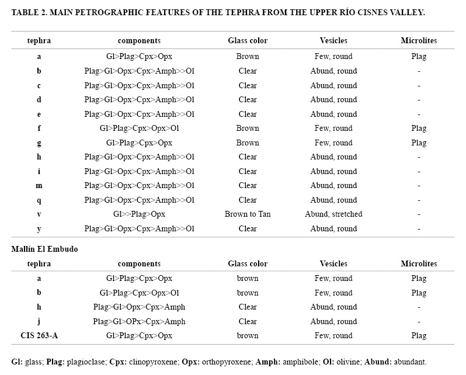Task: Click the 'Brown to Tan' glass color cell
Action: coord(248,214)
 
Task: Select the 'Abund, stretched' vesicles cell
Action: coord(333,214)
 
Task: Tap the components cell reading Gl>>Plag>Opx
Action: coord(139,214)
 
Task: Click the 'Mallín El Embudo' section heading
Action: coord(44,249)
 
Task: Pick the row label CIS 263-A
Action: coord(39,336)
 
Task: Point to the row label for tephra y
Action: coord(39,229)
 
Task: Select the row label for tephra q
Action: coord(39,200)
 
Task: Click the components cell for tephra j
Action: coord(139,322)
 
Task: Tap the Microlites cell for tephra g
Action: coord(419,143)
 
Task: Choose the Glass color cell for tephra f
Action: coord(248,129)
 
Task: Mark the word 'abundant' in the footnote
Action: coord(411,362)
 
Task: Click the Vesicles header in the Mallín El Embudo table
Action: coord(333,264)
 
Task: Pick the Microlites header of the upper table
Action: coord(419,41)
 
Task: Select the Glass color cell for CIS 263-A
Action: coord(248,336)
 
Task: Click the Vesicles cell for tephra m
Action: coord(333,186)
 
